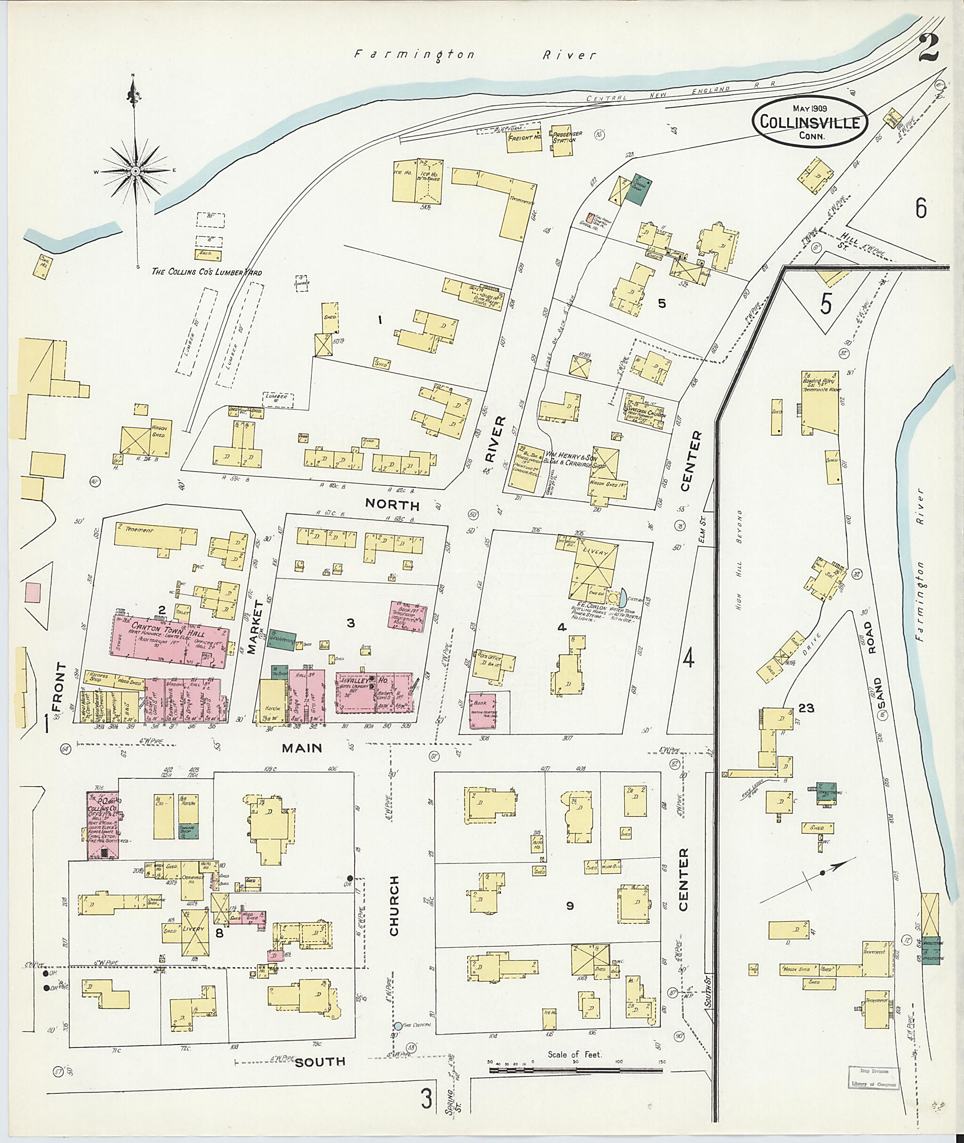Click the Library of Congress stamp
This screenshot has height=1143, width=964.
[x=873, y=1076]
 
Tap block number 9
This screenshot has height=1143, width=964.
[x=570, y=906]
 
